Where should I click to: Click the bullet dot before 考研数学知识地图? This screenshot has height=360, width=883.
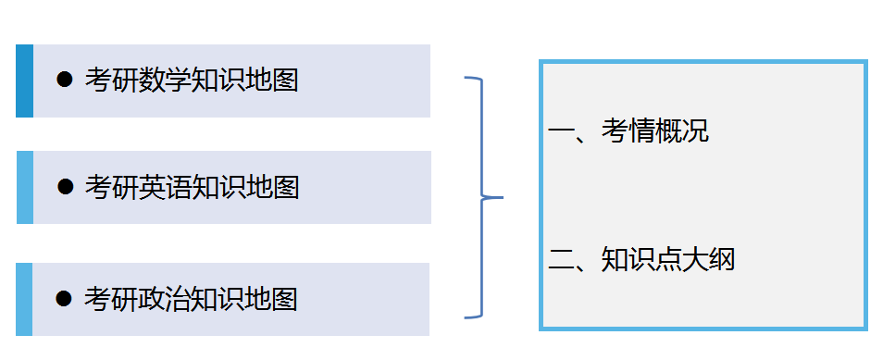(65, 81)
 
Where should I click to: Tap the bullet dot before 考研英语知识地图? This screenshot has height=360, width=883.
(66, 187)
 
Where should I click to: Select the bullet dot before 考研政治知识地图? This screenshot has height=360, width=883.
(64, 299)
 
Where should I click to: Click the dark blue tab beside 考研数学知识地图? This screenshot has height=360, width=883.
(24, 81)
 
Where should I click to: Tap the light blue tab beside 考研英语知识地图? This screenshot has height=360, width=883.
(25, 187)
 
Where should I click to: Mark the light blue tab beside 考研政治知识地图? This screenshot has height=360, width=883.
(24, 299)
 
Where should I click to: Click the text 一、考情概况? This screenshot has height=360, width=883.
(628, 131)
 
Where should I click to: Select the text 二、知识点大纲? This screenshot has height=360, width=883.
(641, 260)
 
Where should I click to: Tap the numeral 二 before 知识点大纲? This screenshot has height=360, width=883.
(561, 260)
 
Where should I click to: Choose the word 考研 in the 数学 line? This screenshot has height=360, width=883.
(111, 81)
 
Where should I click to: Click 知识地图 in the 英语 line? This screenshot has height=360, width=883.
(245, 188)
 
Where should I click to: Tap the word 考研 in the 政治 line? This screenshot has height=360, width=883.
(111, 300)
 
